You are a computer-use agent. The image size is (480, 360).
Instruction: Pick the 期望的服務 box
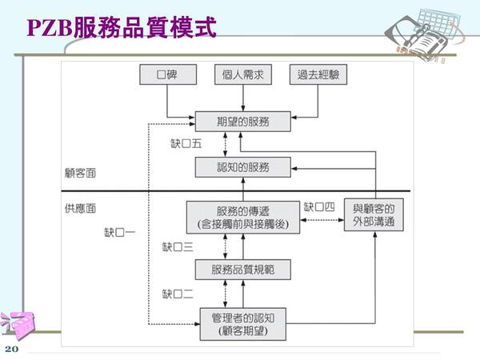click(x=243, y=122)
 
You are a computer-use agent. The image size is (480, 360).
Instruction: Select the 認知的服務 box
click(x=243, y=167)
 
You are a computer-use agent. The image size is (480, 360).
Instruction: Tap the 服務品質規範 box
click(x=243, y=269)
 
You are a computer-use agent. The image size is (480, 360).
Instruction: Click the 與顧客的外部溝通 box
click(x=374, y=214)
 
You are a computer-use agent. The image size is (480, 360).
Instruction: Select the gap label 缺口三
click(x=178, y=247)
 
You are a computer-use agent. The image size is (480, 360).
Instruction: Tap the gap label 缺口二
click(x=178, y=293)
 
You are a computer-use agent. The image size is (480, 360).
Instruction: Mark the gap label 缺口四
click(x=318, y=206)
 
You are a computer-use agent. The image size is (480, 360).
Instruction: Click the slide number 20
click(x=11, y=350)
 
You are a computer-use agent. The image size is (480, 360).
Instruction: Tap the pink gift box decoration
click(x=17, y=325)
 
